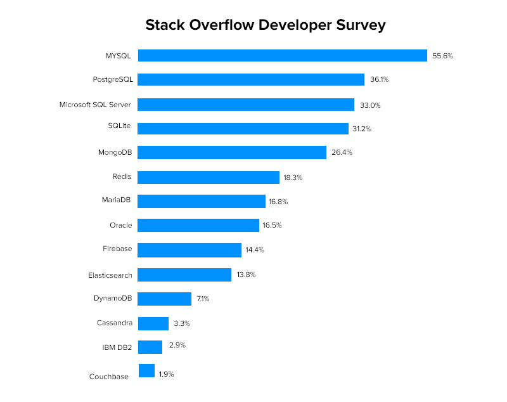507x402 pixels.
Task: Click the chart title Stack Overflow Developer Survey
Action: click(266, 25)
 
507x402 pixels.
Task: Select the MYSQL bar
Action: click(282, 56)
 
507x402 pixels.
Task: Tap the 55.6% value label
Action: click(442, 56)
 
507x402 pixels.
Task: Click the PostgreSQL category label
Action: click(112, 79)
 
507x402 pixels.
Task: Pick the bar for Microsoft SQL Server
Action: click(246, 105)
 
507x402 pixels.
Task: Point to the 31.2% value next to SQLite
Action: click(361, 129)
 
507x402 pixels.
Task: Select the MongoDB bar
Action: click(232, 152)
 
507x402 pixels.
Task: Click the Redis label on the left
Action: click(121, 176)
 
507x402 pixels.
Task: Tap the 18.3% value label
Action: click(293, 178)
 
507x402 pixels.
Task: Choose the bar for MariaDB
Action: click(202, 201)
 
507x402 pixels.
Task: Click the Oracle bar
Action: click(198, 225)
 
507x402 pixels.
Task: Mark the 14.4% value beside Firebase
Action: click(255, 250)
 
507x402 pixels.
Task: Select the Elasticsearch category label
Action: click(110, 275)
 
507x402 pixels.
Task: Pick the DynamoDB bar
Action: click(164, 299)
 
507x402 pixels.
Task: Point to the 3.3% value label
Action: click(182, 323)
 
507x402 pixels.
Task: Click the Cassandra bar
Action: click(153, 323)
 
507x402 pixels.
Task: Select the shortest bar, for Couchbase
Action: click(146, 371)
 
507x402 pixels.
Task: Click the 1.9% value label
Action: click(166, 374)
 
